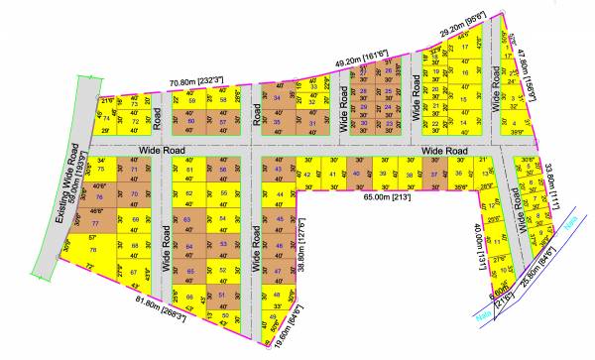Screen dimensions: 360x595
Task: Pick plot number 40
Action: tap(357, 174)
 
